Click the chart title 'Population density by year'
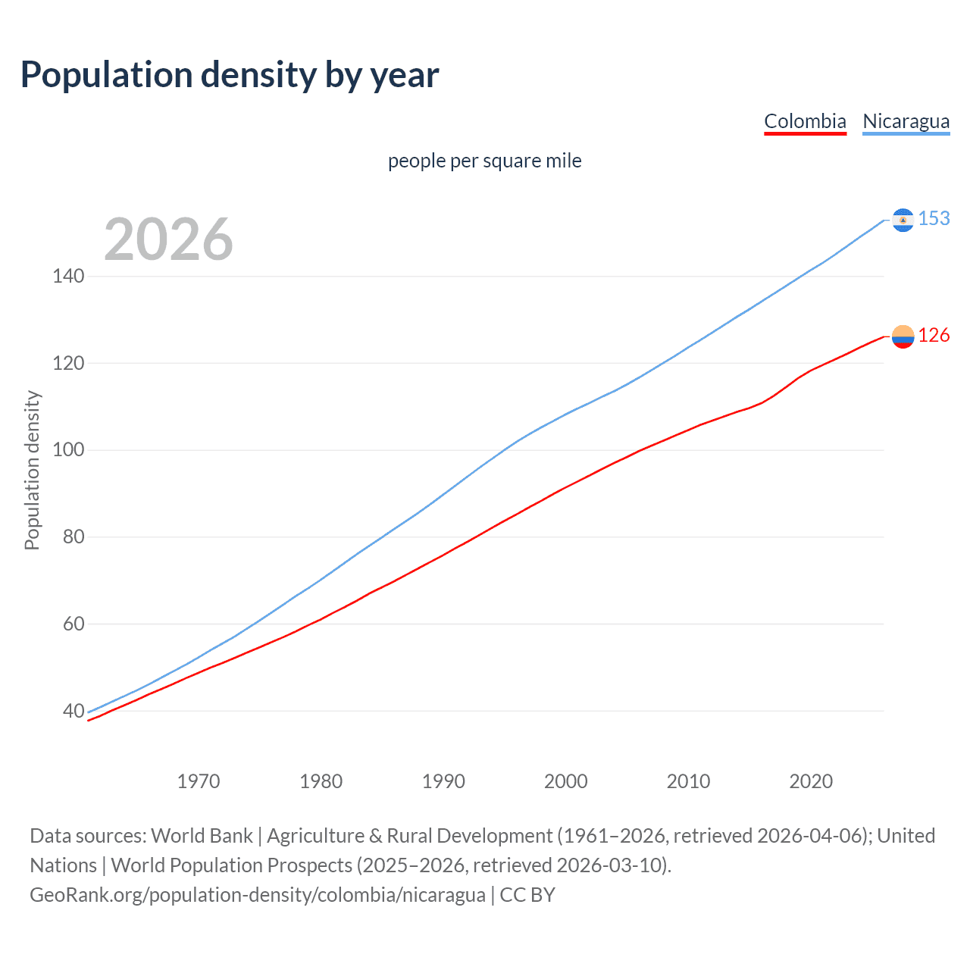pyautogui.click(x=230, y=75)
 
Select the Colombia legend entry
pyautogui.click(x=805, y=121)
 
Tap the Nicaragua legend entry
pyautogui.click(x=906, y=121)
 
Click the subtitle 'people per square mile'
pyautogui.click(x=484, y=161)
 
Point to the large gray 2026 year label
pyautogui.click(x=168, y=239)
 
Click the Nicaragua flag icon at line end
pyautogui.click(x=903, y=220)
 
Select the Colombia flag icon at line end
pyautogui.click(x=903, y=336)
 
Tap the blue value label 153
pyautogui.click(x=934, y=219)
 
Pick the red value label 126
pyautogui.click(x=934, y=336)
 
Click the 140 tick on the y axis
pyautogui.click(x=68, y=276)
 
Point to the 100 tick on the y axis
pyautogui.click(x=68, y=450)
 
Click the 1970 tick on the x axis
pyautogui.click(x=199, y=781)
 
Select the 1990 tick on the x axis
pyautogui.click(x=443, y=781)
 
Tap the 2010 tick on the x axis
pyautogui.click(x=688, y=781)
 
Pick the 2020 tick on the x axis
pyautogui.click(x=811, y=781)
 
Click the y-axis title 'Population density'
pyautogui.click(x=32, y=470)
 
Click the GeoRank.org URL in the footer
pyautogui.click(x=258, y=895)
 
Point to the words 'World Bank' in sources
pyautogui.click(x=202, y=836)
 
